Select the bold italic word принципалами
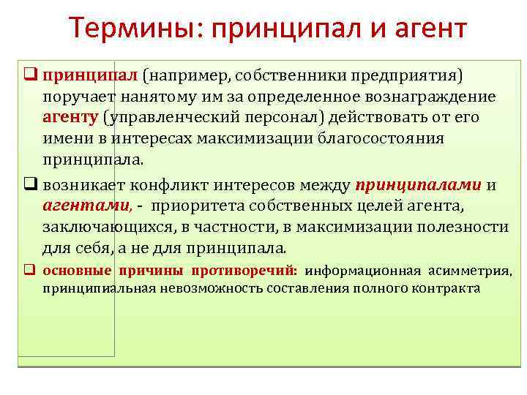click(x=418, y=184)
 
